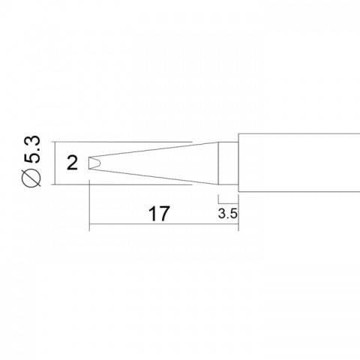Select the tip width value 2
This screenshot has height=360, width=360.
click(x=71, y=163)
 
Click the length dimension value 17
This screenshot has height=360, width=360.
click(x=157, y=213)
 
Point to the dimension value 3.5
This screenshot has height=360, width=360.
click(x=228, y=213)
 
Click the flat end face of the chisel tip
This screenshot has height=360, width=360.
click(x=88, y=163)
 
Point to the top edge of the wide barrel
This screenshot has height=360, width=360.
click(x=300, y=134)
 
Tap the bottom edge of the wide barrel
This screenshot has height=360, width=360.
click(x=300, y=190)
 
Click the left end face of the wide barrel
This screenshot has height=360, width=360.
click(x=238, y=163)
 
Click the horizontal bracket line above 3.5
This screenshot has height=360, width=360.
click(x=228, y=201)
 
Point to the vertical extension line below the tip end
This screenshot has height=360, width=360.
click(x=88, y=202)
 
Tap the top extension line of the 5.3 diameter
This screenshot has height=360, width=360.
click(x=120, y=141)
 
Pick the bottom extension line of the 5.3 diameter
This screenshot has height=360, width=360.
click(x=120, y=184)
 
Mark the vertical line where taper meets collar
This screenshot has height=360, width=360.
click(x=218, y=163)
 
